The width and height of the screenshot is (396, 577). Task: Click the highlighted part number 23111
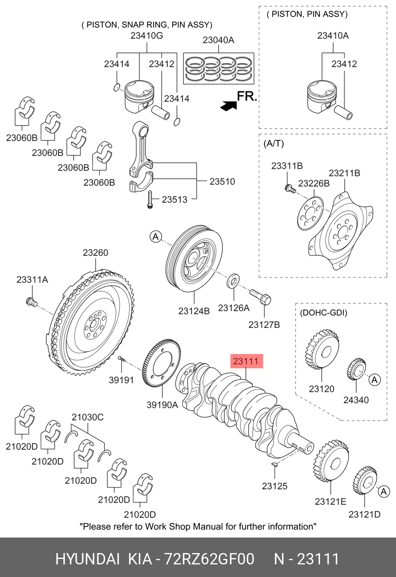tap(246, 361)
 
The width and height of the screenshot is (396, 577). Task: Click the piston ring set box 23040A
tap(219, 68)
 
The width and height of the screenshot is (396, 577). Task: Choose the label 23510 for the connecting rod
tap(222, 181)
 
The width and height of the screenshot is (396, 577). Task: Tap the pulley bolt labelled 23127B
tap(261, 297)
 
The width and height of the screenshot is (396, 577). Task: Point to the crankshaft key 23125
tap(274, 464)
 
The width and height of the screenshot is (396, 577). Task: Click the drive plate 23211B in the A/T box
tap(341, 231)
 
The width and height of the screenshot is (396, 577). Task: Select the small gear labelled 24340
tap(357, 370)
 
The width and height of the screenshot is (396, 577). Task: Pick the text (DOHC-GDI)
tap(323, 313)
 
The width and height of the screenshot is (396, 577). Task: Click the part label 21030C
tap(87, 417)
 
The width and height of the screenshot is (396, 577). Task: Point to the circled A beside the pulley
tap(156, 237)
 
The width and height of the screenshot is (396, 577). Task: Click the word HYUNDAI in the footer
tap(87, 559)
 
